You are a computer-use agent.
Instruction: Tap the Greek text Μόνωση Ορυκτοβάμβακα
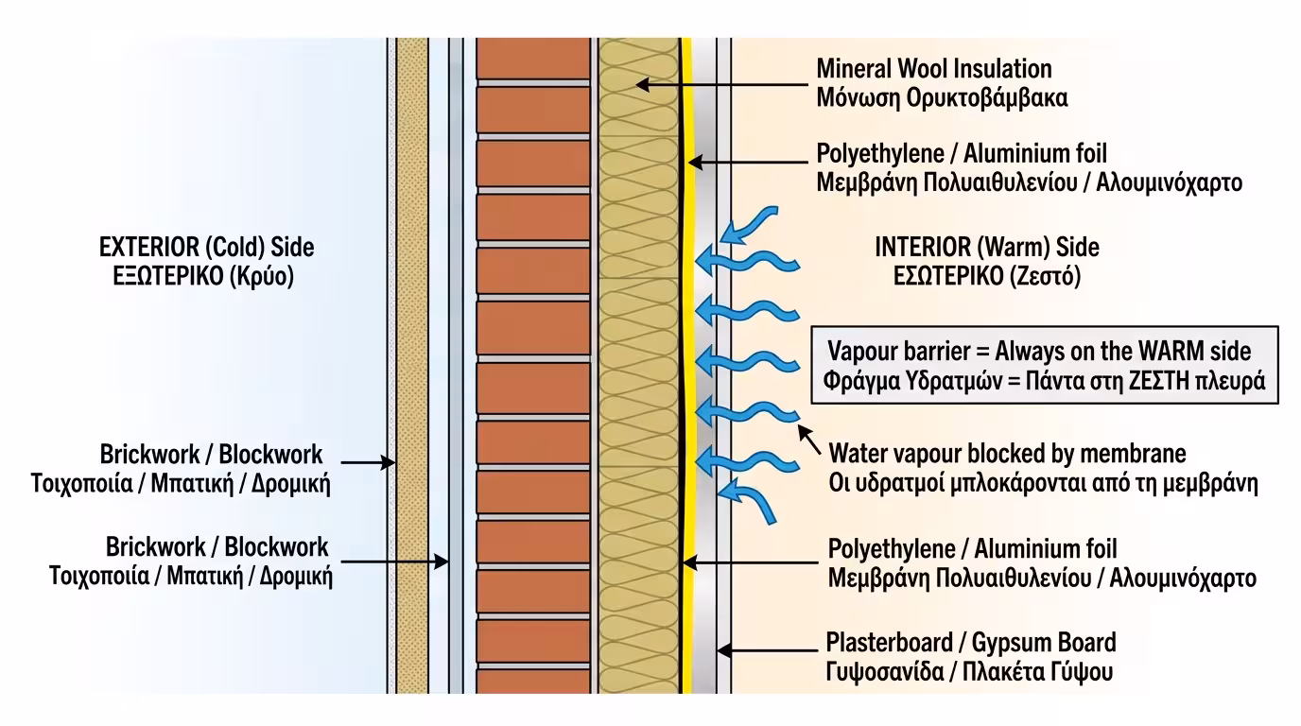[942, 97]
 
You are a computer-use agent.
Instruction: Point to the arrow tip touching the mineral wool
[639, 84]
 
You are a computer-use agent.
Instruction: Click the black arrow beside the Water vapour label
[808, 440]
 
